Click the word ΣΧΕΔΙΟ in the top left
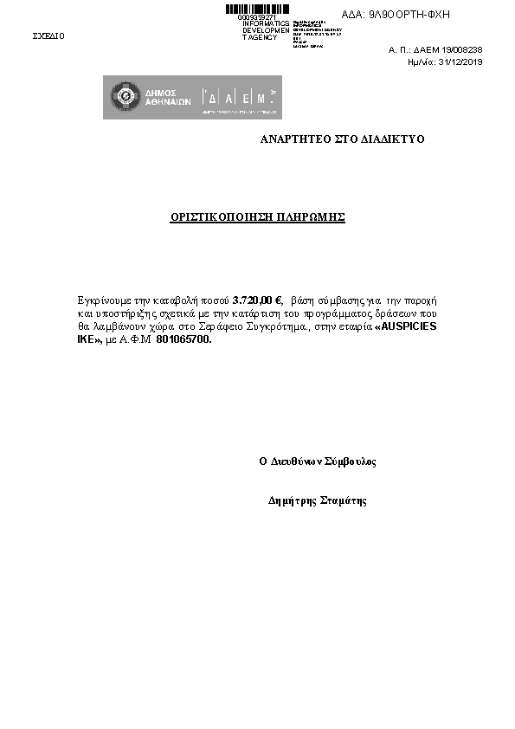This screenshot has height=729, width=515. point(48,36)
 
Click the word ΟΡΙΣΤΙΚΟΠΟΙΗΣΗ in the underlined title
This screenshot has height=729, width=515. point(222,217)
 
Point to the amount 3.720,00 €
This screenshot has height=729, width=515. point(257,300)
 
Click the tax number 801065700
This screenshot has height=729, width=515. point(183,340)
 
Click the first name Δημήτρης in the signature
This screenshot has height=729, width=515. point(293,500)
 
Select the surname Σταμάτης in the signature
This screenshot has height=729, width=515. point(344,500)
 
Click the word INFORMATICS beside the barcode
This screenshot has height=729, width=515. point(266,23)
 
